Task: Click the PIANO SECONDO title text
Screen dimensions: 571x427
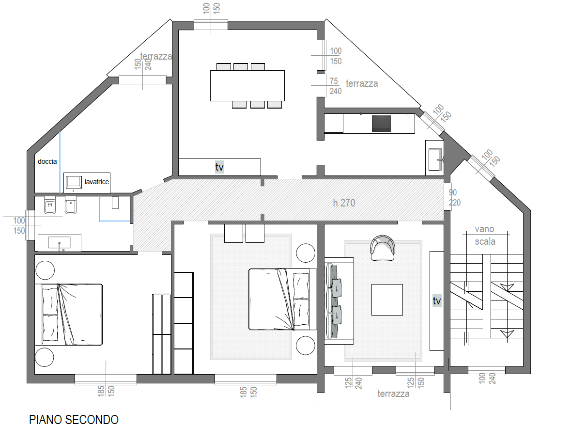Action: coord(74,419)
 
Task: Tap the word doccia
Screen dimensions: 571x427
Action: coord(47,161)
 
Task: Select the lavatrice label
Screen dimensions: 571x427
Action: coord(96,182)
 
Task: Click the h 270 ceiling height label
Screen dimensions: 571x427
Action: coord(344,203)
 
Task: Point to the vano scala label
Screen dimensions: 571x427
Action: coord(485,236)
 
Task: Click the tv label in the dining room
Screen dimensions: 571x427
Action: coord(219,167)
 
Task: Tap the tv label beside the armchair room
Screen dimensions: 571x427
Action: coord(437,300)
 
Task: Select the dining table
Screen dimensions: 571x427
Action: coord(247,86)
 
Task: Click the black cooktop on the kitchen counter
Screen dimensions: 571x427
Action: coord(381,124)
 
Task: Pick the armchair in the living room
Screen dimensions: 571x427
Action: coord(383,248)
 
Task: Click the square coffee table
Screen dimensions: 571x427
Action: coord(387,300)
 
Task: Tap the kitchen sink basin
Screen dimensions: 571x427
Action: coord(435,159)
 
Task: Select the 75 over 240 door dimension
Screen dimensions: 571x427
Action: coord(336,86)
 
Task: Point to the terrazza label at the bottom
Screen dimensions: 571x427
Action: coord(393,394)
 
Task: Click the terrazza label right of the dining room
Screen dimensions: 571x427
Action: coord(362,84)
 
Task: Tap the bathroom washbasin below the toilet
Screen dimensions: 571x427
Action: coord(60,243)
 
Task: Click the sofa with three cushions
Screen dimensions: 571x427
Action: coord(339,301)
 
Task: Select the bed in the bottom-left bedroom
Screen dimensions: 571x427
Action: coord(69,315)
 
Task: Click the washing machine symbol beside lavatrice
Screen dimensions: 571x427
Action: coord(74,182)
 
